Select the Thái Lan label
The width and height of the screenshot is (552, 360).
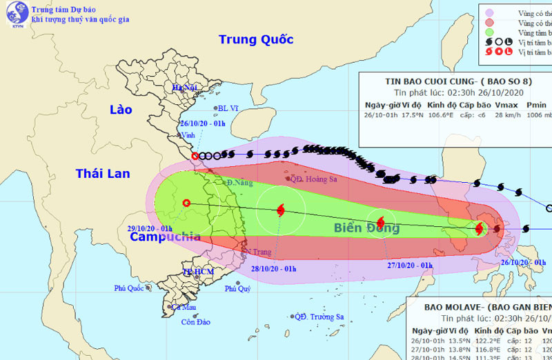[x=103, y=174]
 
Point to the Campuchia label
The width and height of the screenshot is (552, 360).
[x=165, y=237]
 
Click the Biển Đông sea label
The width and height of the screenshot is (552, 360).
[x=367, y=228]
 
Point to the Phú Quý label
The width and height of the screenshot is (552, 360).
[x=237, y=289]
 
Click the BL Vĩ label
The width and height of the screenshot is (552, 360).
[x=227, y=108]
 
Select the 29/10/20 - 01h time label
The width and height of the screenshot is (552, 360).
[x=150, y=227]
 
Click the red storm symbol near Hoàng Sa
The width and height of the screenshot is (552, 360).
[x=280, y=210]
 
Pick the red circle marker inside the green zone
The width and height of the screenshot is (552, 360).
[x=186, y=203]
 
